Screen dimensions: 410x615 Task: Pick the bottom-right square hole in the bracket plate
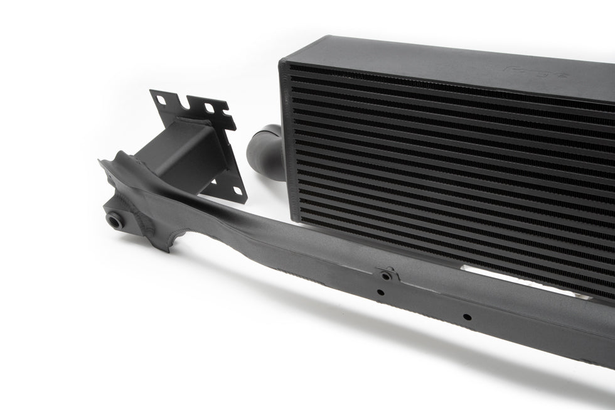(238, 190)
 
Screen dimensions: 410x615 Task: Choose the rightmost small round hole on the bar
(466, 316)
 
